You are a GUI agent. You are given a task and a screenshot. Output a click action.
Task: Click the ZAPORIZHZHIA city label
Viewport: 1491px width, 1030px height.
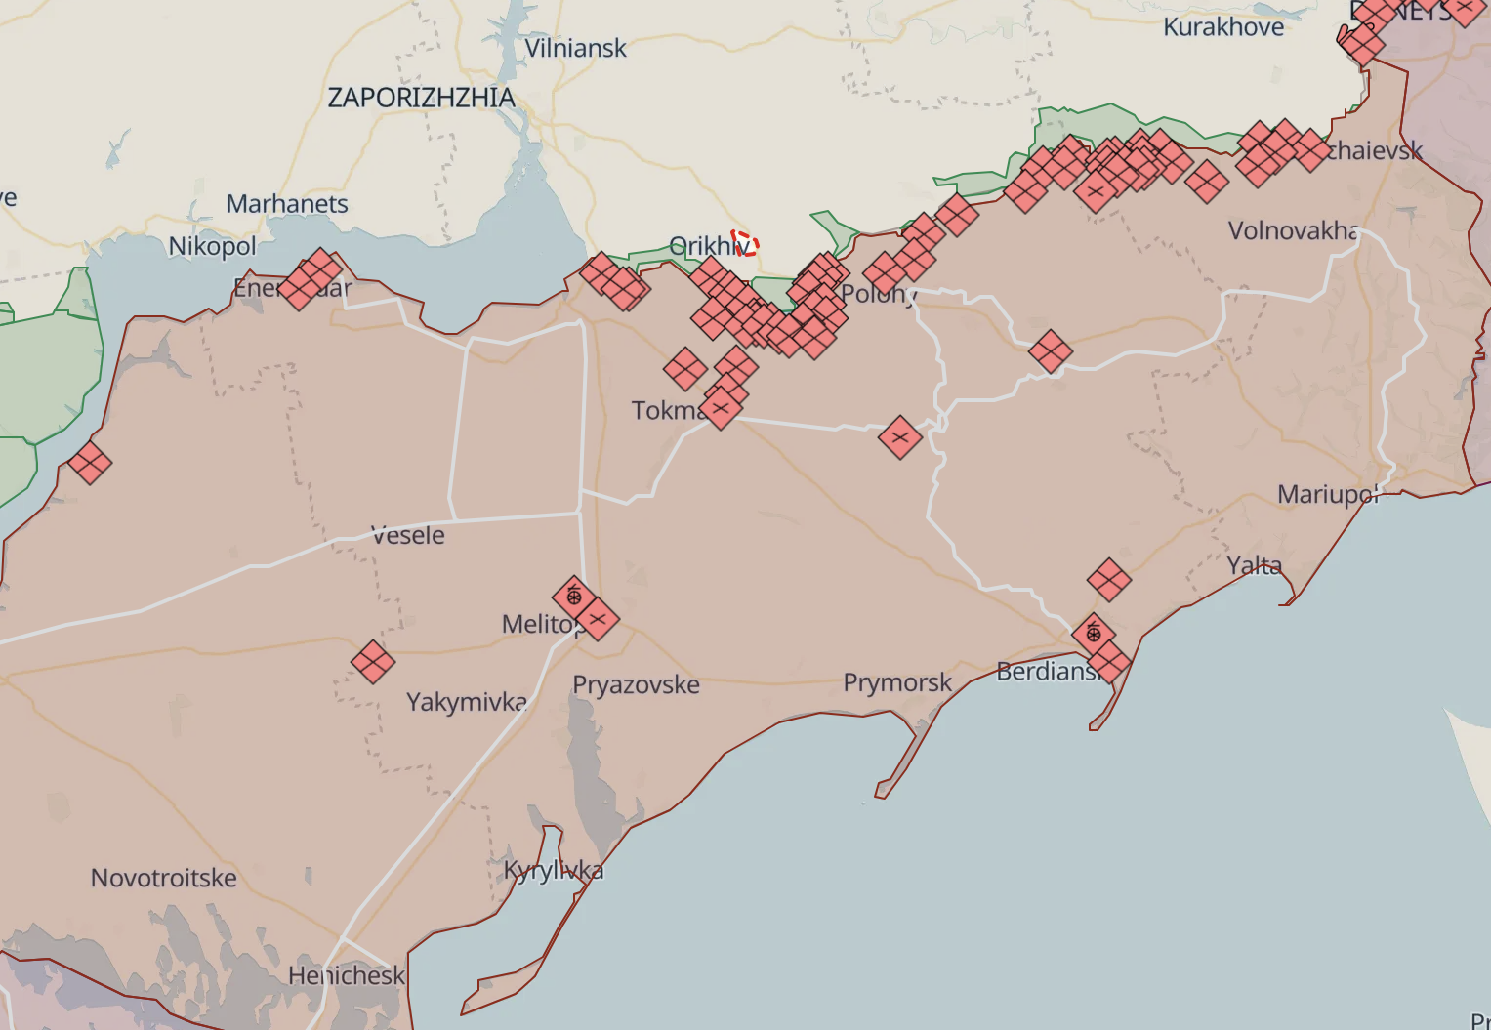point(421,98)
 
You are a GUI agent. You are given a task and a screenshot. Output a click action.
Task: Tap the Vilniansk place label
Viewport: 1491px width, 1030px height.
point(575,48)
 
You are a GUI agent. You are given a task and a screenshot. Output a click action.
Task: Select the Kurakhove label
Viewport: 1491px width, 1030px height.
point(1223,27)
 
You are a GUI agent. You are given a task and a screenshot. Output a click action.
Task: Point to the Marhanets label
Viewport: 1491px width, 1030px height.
point(287,204)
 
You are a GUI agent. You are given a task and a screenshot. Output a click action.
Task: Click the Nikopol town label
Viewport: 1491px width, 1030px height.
point(212,246)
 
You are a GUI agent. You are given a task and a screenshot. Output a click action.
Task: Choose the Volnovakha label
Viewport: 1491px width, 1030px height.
point(1293,231)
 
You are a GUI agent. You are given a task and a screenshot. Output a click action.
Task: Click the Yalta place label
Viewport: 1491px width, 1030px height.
point(1254,565)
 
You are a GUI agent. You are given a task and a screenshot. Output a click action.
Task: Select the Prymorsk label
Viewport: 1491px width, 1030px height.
point(897,682)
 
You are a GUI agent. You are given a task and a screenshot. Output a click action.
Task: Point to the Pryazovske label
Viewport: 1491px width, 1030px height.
point(636,685)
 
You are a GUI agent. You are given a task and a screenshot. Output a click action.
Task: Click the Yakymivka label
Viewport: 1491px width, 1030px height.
point(467,702)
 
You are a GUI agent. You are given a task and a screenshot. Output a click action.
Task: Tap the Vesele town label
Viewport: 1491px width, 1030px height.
point(408,536)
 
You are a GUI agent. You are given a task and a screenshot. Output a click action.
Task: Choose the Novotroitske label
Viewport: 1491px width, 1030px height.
point(164,878)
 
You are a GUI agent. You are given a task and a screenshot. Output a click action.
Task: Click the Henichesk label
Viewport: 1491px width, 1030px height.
point(346,975)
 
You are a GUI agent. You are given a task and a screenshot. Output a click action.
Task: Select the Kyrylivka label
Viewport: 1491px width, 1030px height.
point(554,870)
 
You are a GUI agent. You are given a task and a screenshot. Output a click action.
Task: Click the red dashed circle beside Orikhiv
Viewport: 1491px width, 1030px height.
point(745,243)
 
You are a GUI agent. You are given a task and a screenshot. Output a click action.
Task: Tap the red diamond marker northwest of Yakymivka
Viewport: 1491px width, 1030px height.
point(372,663)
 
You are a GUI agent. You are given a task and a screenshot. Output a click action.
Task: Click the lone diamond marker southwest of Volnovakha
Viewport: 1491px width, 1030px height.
point(1050,351)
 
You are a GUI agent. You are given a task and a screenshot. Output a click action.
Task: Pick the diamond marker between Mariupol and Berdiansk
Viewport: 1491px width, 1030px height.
point(1109,580)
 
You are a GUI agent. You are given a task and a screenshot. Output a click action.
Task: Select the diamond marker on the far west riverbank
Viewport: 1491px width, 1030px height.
point(89,463)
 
